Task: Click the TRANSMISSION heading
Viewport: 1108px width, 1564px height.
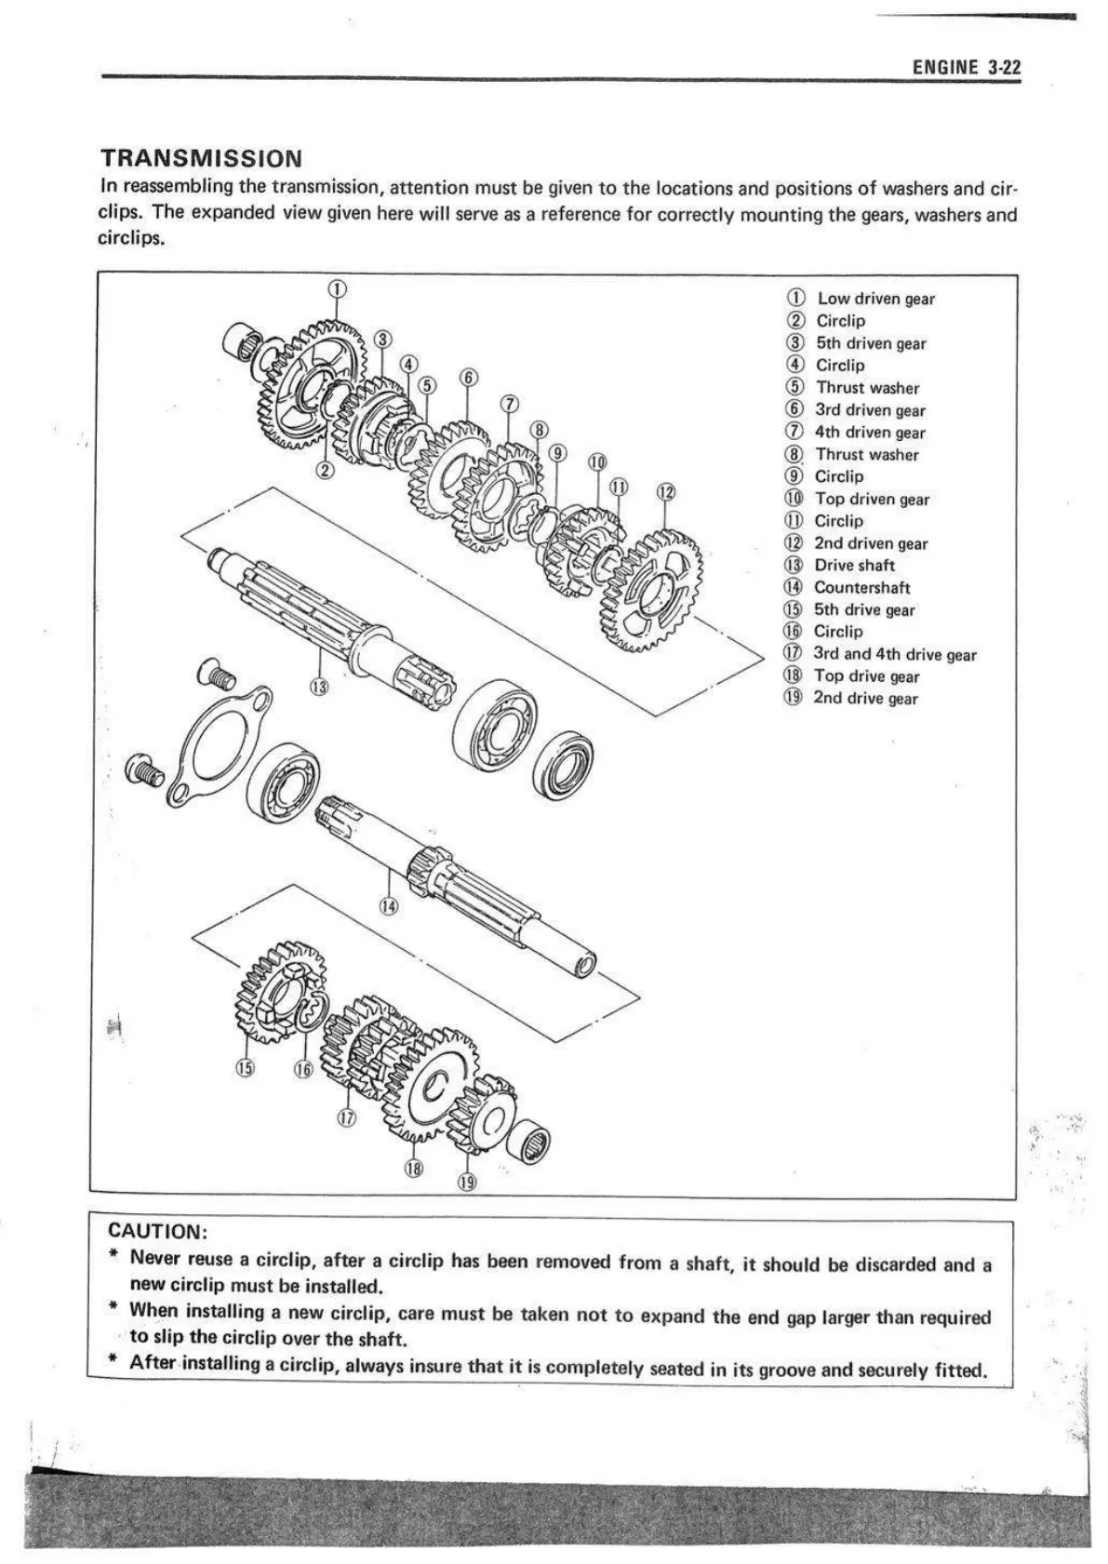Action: pyautogui.click(x=201, y=156)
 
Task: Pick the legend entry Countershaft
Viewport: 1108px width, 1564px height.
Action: pyautogui.click(x=861, y=587)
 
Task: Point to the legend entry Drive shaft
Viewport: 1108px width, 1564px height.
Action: pyautogui.click(x=854, y=565)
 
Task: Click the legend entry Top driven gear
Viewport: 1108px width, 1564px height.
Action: pyautogui.click(x=872, y=499)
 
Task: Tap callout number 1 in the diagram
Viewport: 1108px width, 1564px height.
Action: pyautogui.click(x=337, y=287)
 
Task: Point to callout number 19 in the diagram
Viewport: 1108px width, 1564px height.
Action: pyautogui.click(x=467, y=1183)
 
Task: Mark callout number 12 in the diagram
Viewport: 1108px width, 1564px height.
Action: pyautogui.click(x=665, y=492)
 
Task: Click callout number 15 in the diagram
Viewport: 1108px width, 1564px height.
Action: pyautogui.click(x=244, y=1067)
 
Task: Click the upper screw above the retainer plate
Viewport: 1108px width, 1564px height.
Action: pyautogui.click(x=216, y=672)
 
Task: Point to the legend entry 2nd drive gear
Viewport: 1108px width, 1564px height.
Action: pyautogui.click(x=864, y=699)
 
